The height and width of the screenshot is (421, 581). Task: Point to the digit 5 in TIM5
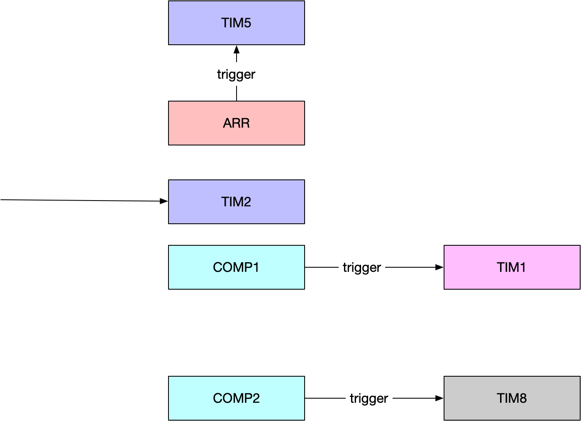coord(247,23)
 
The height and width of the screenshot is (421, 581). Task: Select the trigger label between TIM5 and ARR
coord(236,74)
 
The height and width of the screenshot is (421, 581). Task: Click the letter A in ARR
coord(227,123)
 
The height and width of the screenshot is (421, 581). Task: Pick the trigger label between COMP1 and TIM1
coord(361,267)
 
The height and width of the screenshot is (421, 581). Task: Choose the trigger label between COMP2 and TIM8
coord(369,398)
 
